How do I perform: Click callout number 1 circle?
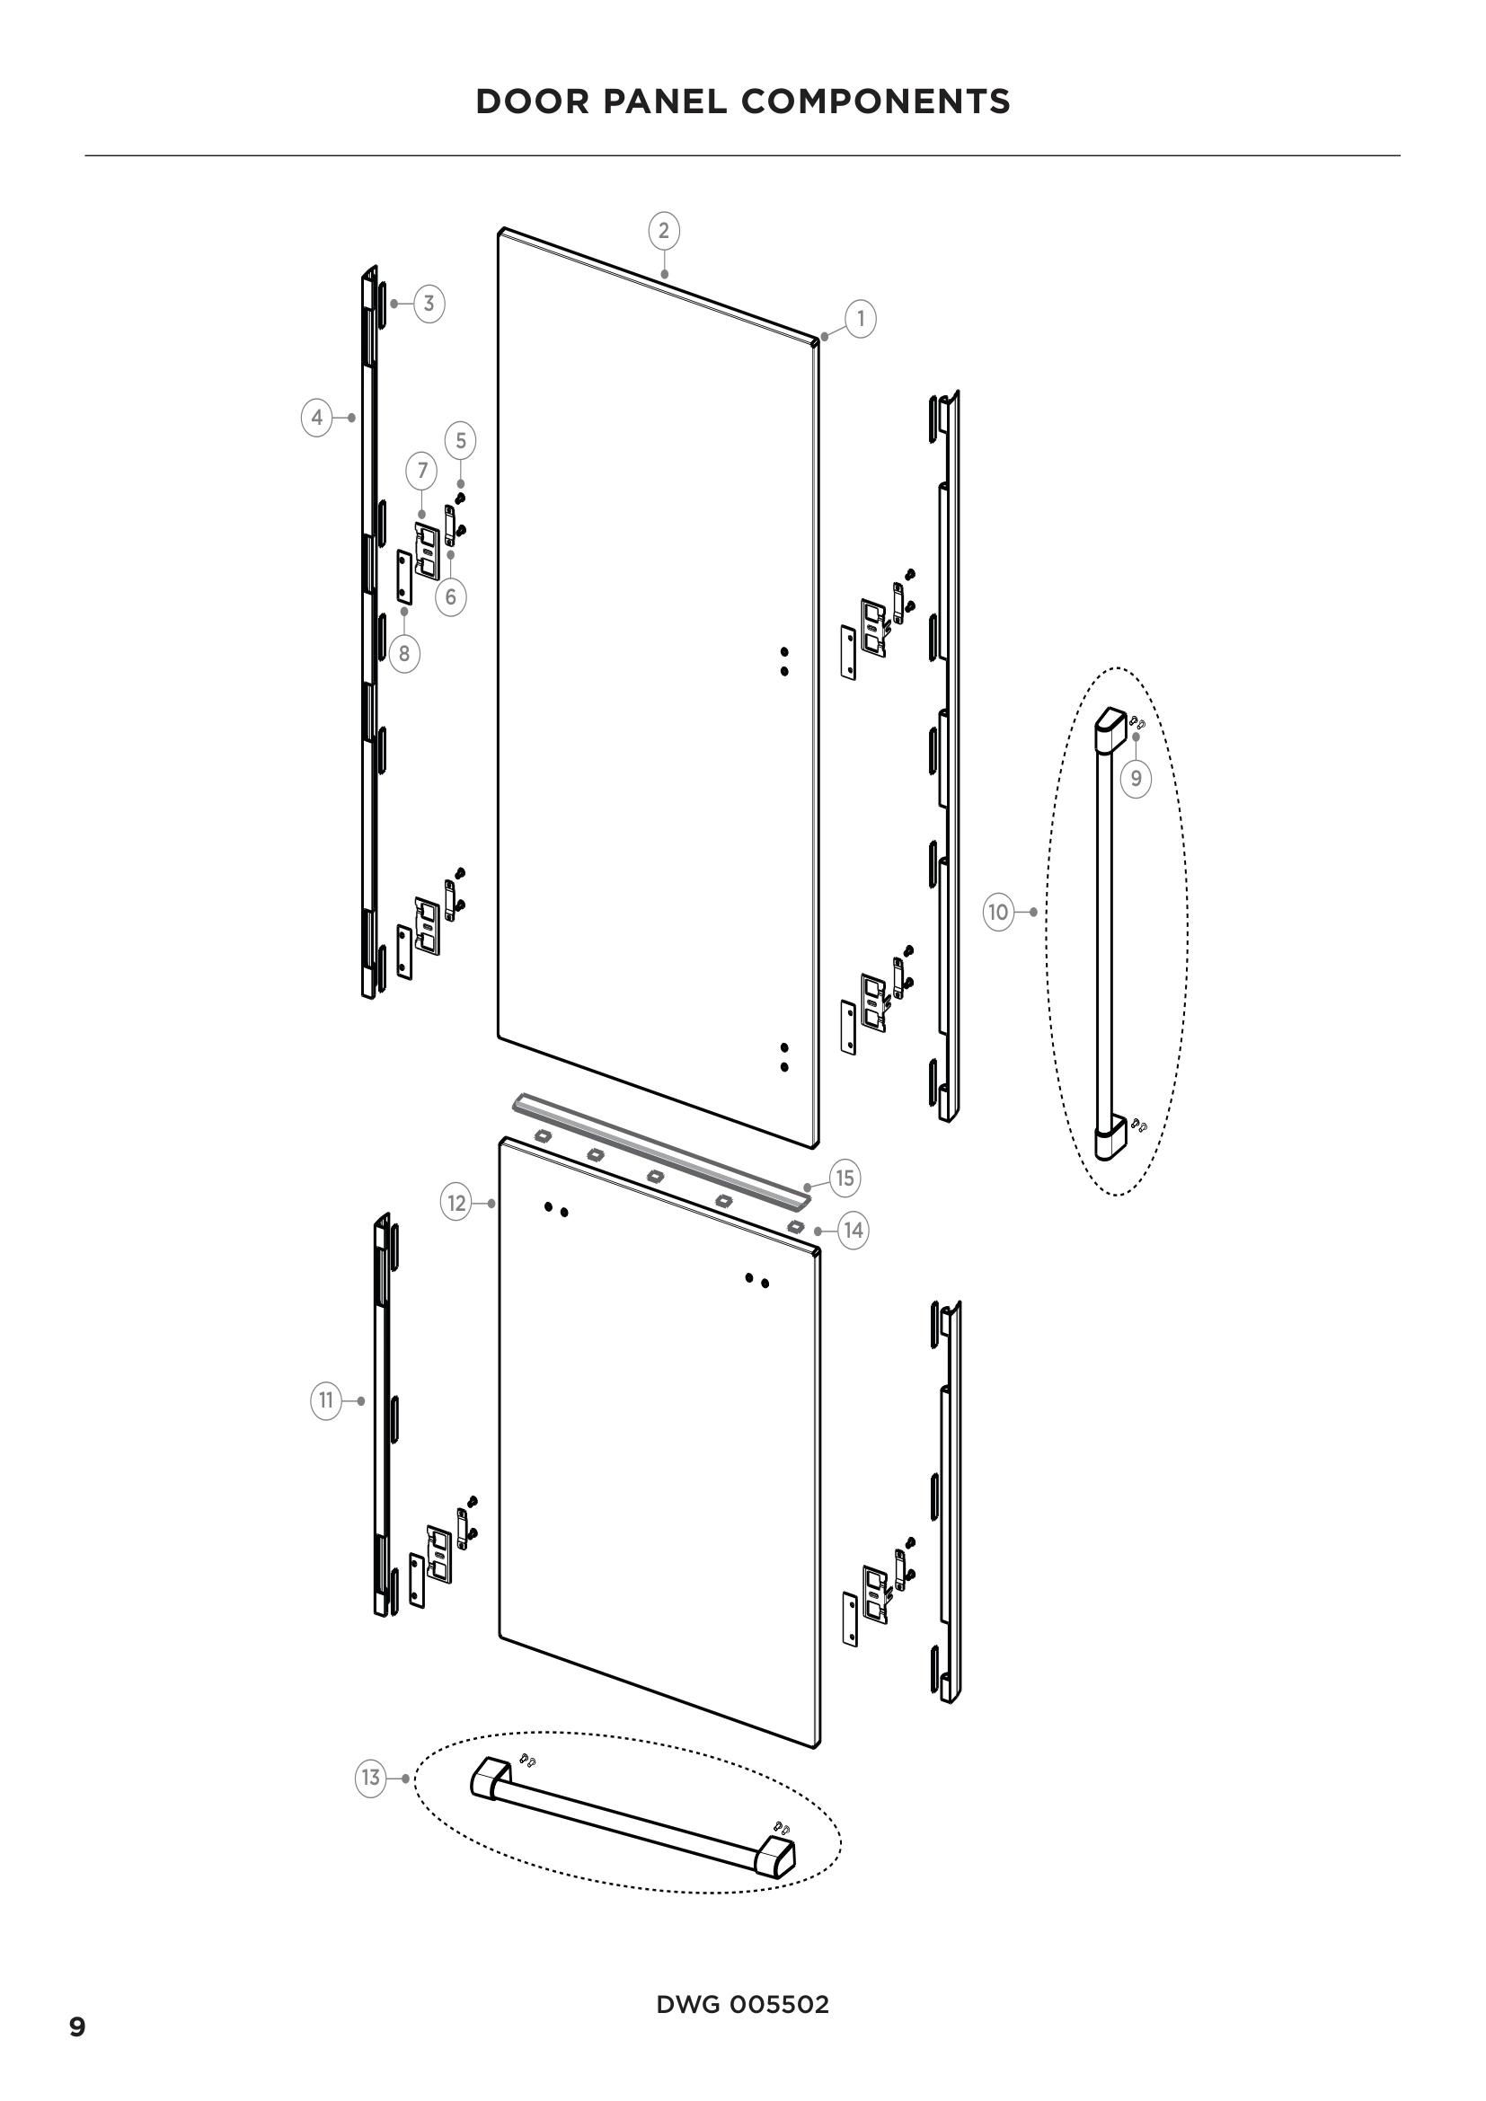click(860, 319)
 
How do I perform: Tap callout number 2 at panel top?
click(664, 230)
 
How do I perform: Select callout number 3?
click(429, 304)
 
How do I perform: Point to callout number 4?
click(316, 418)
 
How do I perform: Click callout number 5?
click(460, 441)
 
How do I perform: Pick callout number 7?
click(422, 472)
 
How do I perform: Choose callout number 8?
click(404, 654)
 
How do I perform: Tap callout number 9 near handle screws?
click(1136, 779)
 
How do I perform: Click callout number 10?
click(998, 913)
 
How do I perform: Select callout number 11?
click(326, 1401)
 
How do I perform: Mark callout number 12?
click(456, 1203)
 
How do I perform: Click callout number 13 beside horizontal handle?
click(370, 1778)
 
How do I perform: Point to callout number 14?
click(853, 1231)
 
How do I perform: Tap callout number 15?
click(845, 1179)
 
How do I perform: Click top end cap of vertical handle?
click(1112, 728)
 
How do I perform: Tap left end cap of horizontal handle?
click(491, 1778)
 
